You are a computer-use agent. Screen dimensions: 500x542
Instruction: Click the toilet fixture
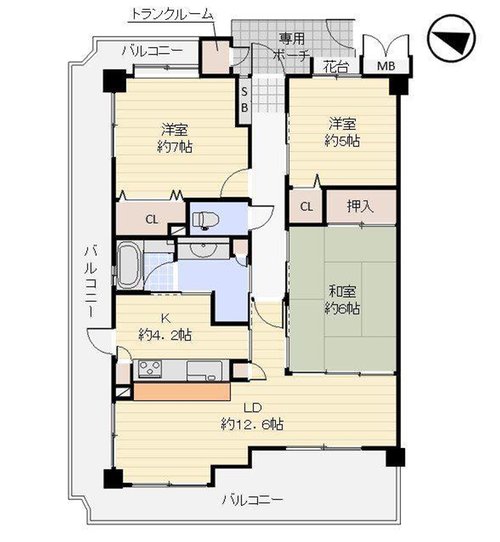tap(206, 220)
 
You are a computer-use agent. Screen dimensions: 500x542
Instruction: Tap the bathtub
tap(130, 265)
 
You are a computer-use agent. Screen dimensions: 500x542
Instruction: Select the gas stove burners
tap(149, 369)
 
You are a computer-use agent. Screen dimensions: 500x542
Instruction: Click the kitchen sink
tap(204, 371)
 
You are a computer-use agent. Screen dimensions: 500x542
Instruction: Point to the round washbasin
tap(203, 250)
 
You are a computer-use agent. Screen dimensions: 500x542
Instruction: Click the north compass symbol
tap(451, 38)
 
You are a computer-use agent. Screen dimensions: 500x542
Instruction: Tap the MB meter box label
tap(386, 66)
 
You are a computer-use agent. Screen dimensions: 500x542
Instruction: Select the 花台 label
tap(336, 66)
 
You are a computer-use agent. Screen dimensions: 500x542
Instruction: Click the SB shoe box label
tap(244, 100)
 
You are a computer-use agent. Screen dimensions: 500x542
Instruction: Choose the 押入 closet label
tap(361, 206)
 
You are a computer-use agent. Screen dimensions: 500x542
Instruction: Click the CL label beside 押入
tap(306, 207)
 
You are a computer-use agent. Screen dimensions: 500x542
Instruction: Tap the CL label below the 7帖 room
tap(151, 219)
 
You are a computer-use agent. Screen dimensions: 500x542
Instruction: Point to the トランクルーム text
tap(172, 14)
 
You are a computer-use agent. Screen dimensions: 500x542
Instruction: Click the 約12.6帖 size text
tap(252, 424)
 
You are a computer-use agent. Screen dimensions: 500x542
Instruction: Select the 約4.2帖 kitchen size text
tap(165, 335)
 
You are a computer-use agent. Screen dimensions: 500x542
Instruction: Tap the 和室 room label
tap(342, 291)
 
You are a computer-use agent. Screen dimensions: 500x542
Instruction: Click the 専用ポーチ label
tap(291, 47)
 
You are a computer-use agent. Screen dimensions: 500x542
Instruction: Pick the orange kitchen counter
tap(182, 392)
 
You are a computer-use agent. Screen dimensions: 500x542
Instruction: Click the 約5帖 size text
tap(342, 141)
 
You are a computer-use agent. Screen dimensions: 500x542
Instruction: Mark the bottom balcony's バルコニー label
tap(252, 500)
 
